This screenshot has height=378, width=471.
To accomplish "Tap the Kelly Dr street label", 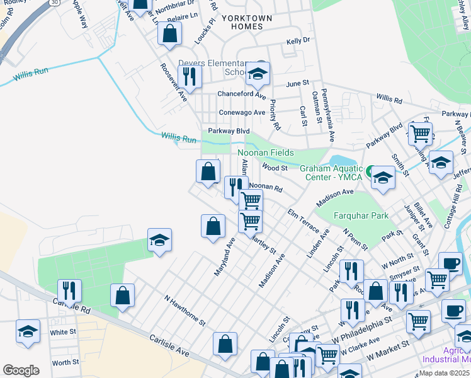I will click(298, 40).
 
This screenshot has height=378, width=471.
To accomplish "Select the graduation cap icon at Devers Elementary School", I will click(258, 74).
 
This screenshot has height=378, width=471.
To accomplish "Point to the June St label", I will click(298, 83).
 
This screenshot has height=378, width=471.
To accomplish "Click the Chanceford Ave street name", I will click(241, 94).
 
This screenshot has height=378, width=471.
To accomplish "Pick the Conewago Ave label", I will click(242, 112).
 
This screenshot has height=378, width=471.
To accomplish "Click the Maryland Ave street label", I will click(224, 256).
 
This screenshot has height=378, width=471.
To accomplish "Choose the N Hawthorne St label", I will click(185, 309).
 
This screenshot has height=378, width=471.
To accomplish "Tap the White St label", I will click(63, 332).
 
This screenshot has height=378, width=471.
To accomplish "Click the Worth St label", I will click(65, 362).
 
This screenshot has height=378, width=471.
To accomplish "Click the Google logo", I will click(21, 370).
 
